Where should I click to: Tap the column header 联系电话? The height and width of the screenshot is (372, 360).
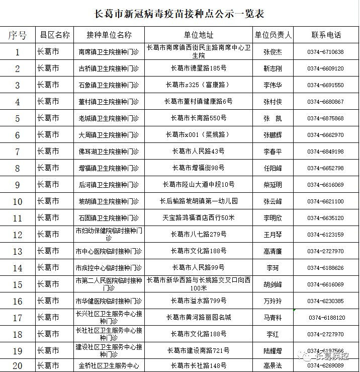point(326,35)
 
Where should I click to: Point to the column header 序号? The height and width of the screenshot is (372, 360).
point(18,35)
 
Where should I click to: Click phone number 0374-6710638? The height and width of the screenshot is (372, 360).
point(326,52)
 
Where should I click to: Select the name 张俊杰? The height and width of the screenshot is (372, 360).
point(273,52)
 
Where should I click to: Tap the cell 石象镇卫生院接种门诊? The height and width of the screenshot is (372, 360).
point(109,85)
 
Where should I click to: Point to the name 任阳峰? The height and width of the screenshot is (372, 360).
point(273,168)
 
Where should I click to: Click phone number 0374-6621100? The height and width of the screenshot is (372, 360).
point(326,201)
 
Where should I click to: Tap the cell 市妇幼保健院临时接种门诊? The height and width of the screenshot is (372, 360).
point(109,234)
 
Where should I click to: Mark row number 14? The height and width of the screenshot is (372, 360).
point(18,268)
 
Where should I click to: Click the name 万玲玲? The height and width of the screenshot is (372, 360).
point(273,301)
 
